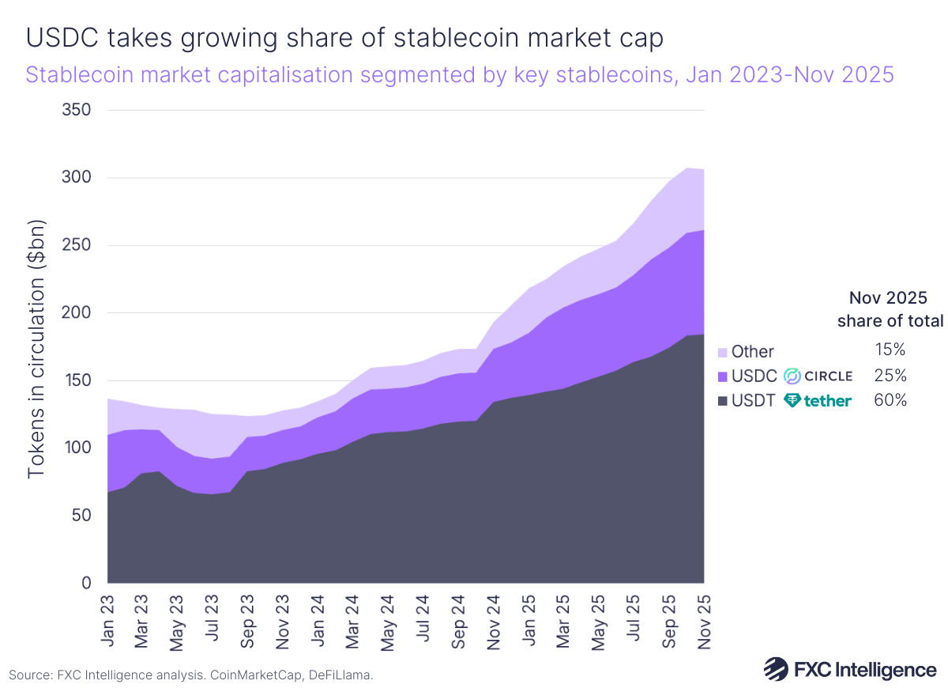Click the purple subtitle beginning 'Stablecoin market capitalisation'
coord(460,75)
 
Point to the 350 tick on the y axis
coord(77,110)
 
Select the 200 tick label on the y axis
coord(77,312)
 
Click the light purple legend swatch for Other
coord(721,352)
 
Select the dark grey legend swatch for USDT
coord(721,401)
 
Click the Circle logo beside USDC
coord(818,376)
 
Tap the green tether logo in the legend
coord(818,401)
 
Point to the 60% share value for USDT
coord(890,401)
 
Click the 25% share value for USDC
coord(890,375)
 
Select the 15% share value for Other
coord(890,349)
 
